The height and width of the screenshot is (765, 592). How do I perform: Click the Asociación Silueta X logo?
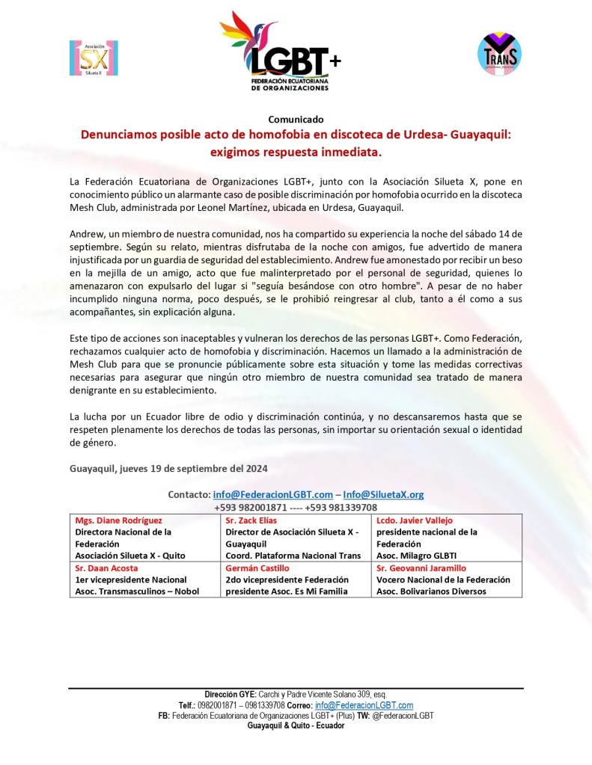click(x=94, y=58)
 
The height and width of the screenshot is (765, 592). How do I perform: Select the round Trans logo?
click(x=499, y=54)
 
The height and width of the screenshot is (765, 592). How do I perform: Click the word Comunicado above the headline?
click(x=296, y=119)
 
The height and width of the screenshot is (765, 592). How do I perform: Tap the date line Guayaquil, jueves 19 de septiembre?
click(x=168, y=468)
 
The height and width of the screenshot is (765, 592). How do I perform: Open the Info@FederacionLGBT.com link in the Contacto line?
click(x=272, y=494)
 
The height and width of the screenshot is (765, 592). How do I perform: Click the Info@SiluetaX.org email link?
click(x=383, y=494)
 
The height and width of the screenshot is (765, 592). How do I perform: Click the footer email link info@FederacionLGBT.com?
click(x=364, y=705)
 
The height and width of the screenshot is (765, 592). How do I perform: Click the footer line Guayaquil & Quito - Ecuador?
click(x=296, y=726)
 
